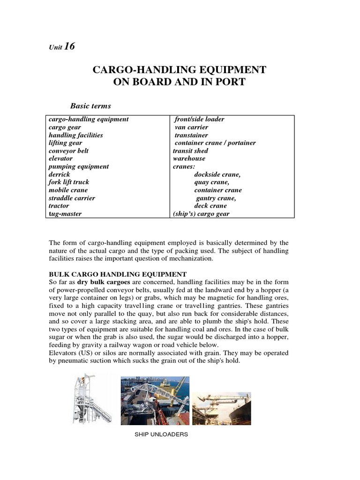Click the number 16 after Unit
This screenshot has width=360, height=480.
[x=69, y=46]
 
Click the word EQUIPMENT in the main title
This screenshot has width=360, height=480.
[x=231, y=70]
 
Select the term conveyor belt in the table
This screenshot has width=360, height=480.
[x=68, y=151]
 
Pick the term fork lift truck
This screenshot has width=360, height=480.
[x=69, y=182]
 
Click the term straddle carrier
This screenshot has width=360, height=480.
[x=72, y=198]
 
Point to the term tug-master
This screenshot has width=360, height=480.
[x=65, y=214]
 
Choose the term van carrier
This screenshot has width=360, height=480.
[x=191, y=127]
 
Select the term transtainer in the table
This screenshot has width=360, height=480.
[x=191, y=135]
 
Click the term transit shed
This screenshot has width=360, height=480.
[x=190, y=151]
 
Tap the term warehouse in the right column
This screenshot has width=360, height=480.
[x=189, y=158]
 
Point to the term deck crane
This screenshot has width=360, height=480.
[x=210, y=206]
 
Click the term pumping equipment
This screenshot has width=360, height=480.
[x=79, y=166]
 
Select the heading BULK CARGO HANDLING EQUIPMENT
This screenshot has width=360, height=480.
[x=118, y=274]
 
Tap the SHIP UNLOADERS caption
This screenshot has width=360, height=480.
[x=161, y=435]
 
